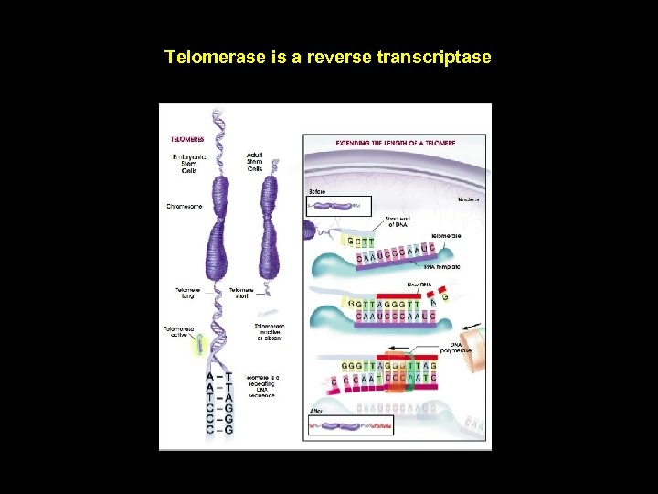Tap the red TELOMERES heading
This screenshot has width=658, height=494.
tap(186, 140)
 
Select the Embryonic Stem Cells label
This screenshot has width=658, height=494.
tap(190, 164)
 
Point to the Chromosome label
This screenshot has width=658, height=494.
tap(184, 206)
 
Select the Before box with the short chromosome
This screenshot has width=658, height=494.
tap(339, 206)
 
